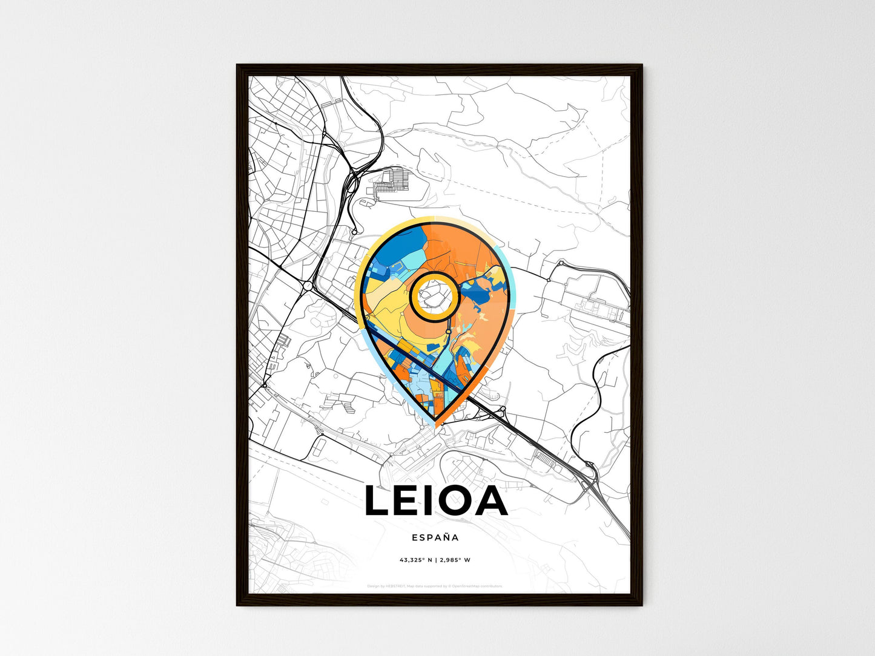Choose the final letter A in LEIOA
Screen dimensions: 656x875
click(491, 502)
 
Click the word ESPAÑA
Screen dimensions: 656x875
click(435, 537)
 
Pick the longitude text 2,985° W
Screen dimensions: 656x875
click(455, 560)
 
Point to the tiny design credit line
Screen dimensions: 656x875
click(435, 586)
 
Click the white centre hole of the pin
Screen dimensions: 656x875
click(432, 295)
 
